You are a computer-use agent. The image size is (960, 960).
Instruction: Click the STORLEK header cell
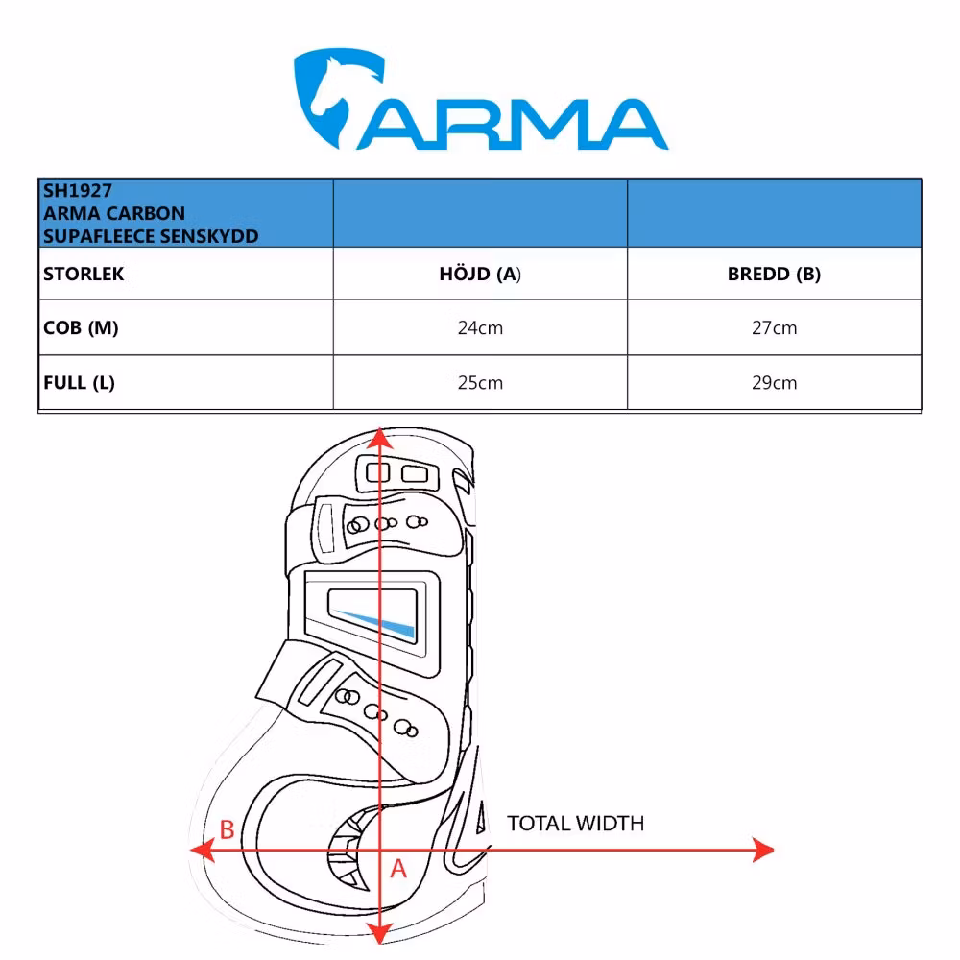tap(84, 274)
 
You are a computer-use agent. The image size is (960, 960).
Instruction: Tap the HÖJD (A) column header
tap(480, 274)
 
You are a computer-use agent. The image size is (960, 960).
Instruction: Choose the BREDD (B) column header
tap(774, 274)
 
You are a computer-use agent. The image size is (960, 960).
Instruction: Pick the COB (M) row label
tap(81, 327)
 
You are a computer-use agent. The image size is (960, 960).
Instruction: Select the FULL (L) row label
tap(79, 382)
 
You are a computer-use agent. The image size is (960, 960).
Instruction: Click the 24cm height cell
tap(480, 328)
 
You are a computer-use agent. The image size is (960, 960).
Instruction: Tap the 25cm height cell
tap(480, 383)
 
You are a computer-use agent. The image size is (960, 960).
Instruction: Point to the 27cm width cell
tap(774, 328)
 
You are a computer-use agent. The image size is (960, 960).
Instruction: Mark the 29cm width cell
tap(774, 383)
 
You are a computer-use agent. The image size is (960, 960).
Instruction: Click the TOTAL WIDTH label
tap(575, 823)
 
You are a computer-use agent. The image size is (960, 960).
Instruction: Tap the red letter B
tap(228, 829)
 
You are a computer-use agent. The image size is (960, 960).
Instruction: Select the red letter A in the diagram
tap(398, 869)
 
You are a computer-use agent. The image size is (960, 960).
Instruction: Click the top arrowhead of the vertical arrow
tap(381, 439)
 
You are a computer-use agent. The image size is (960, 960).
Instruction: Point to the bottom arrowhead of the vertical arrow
tap(381, 932)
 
